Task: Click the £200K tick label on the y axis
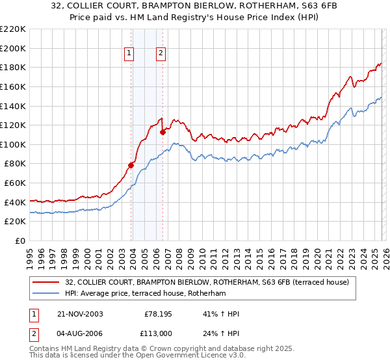click(13, 48)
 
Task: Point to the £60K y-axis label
click(15, 183)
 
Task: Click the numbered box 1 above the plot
click(129, 54)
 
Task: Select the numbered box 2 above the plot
click(160, 54)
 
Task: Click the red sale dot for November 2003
click(131, 165)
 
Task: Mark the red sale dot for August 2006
click(162, 132)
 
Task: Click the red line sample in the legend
click(47, 282)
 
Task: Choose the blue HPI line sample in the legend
click(47, 294)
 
